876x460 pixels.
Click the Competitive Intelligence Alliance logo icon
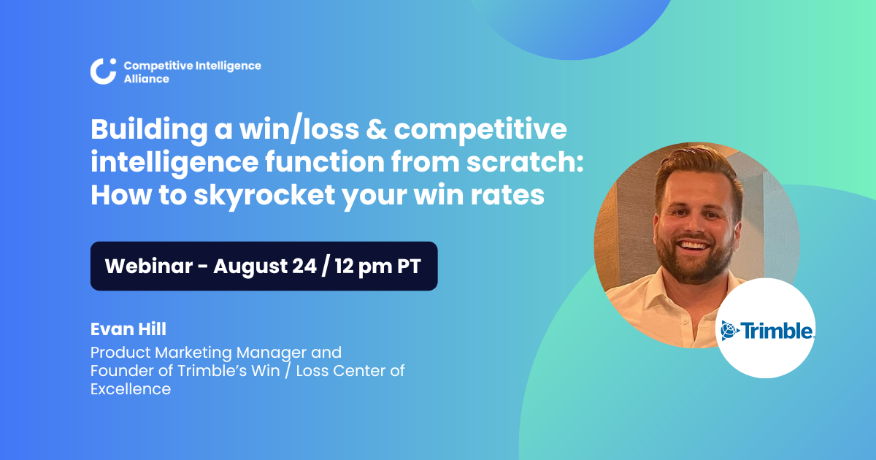pos(103,71)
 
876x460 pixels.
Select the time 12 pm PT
pos(377,266)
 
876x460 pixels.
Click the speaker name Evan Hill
pos(128,329)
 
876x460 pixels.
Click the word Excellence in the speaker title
pos(131,389)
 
